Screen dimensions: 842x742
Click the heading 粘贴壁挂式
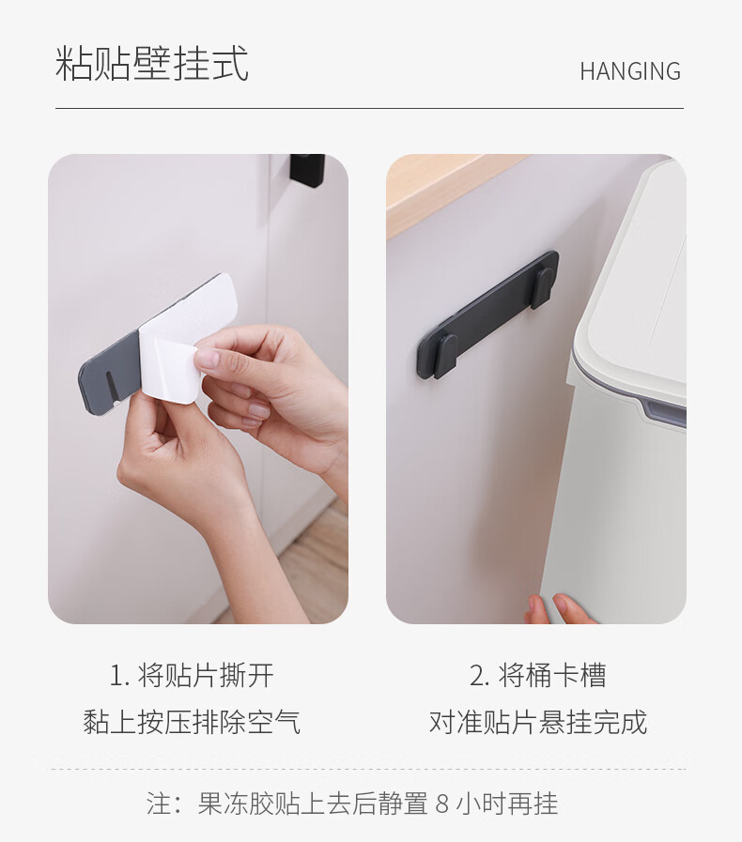152,65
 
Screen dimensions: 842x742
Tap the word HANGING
629,71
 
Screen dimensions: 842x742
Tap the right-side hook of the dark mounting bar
542,286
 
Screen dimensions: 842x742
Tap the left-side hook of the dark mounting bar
445,356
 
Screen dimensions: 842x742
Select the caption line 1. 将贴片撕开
192,675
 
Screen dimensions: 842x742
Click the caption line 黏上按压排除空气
192,722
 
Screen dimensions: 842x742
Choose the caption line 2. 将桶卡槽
537,675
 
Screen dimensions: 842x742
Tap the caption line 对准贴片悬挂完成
537,722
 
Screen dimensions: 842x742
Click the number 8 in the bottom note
443,804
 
